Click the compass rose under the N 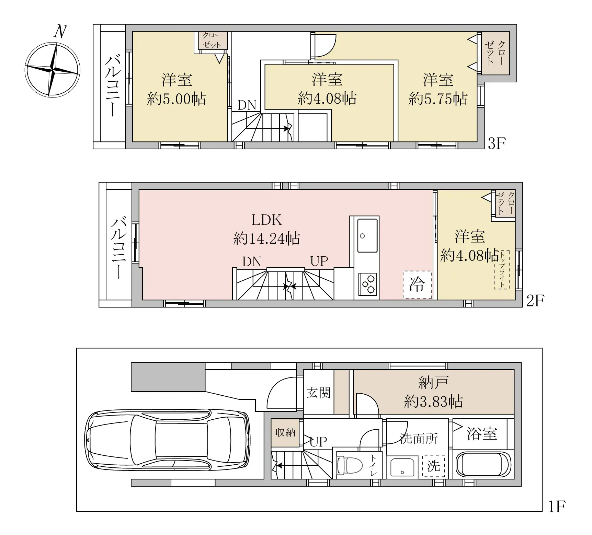click(x=53, y=70)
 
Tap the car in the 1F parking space click(x=168, y=439)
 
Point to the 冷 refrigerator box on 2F click(x=417, y=284)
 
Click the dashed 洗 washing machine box click(x=433, y=466)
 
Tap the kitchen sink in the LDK click(x=367, y=235)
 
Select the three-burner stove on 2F click(x=367, y=284)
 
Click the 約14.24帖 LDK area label click(x=266, y=238)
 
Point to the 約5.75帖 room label click(x=438, y=99)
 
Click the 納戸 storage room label click(x=433, y=382)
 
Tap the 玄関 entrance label click(x=318, y=393)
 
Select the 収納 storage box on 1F click(x=285, y=432)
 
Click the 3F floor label click(x=497, y=144)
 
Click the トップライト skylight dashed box click(x=502, y=270)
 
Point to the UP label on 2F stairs click(x=319, y=261)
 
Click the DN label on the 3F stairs click(x=247, y=105)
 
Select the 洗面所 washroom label click(x=419, y=439)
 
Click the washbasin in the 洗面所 click(x=402, y=467)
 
